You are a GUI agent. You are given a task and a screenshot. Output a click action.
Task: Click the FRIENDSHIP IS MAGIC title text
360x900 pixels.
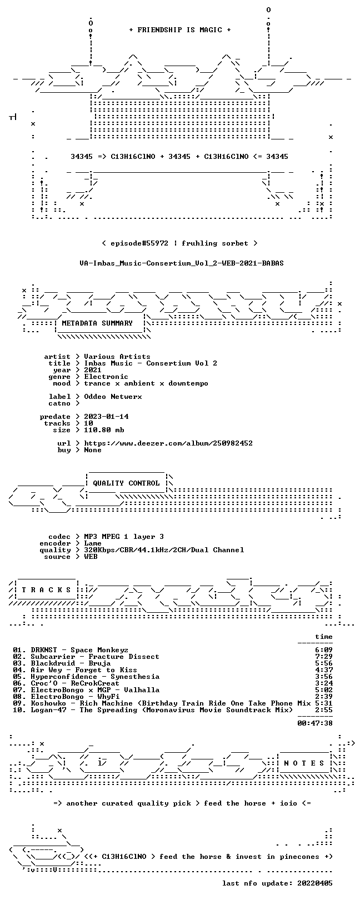pyautogui.click(x=179, y=30)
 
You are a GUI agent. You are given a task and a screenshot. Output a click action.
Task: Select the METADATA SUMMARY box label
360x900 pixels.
pyautogui.click(x=97, y=323)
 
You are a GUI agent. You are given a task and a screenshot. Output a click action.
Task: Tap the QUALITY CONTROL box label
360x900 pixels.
pyautogui.click(x=126, y=483)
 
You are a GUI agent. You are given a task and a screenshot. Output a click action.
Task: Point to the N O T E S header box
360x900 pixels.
pyautogui.click(x=304, y=763)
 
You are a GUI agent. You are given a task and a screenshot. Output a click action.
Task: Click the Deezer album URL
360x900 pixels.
pyautogui.click(x=168, y=443)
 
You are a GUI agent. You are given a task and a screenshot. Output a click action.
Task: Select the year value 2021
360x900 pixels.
pyautogui.click(x=93, y=369)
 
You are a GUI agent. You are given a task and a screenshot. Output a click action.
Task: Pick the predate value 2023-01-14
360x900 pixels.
pyautogui.click(x=107, y=416)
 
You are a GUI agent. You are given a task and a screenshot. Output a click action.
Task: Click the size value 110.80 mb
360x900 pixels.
pyautogui.click(x=104, y=430)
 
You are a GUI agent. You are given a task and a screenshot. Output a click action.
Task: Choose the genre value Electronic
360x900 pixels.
pyautogui.click(x=106, y=377)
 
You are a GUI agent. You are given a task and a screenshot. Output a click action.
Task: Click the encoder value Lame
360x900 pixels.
pyautogui.click(x=93, y=543)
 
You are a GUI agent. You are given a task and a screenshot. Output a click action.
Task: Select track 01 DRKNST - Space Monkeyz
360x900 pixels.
pyautogui.click(x=71, y=649)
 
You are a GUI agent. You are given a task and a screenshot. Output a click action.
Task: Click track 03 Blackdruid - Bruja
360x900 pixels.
pyautogui.click(x=62, y=663)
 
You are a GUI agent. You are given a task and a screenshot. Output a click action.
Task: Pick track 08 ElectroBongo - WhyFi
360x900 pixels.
pyautogui.click(x=66, y=696)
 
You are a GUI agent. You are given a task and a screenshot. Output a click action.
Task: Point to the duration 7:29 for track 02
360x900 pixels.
pyautogui.click(x=324, y=657)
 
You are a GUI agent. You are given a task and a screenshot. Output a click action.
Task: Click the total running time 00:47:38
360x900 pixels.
pyautogui.click(x=315, y=723)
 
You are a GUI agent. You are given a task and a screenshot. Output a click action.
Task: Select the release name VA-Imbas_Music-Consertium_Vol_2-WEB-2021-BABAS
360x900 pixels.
pyautogui.click(x=182, y=263)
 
